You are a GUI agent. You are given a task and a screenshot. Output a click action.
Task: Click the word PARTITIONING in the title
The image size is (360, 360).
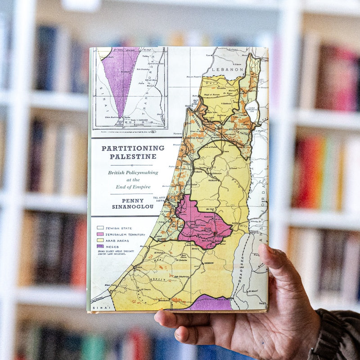click(133, 148)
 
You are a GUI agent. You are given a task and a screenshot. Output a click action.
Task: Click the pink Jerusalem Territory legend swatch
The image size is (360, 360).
click(100, 234)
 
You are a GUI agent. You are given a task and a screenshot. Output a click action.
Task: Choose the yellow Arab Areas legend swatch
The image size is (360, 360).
click(100, 240)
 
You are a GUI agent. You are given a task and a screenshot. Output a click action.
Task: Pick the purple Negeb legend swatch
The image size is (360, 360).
click(100, 246)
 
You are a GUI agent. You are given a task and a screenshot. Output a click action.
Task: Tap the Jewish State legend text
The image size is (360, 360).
click(119, 228)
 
